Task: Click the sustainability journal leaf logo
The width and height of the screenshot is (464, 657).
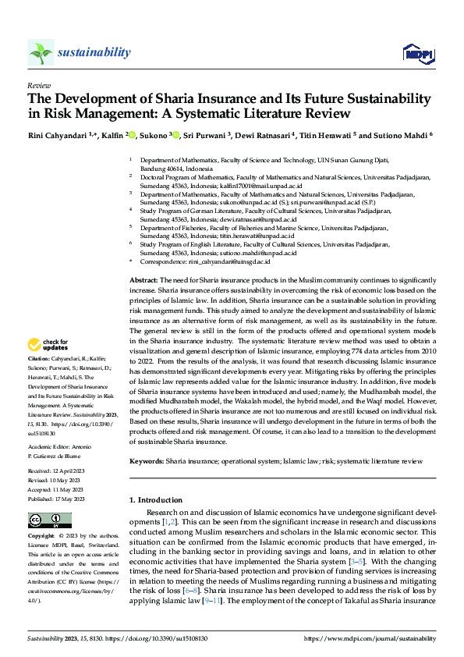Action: coord(41,52)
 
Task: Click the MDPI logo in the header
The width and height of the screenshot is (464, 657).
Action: coord(416,53)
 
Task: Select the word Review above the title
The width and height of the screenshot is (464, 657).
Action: coord(38,86)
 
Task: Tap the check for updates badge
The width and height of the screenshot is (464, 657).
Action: coord(48,345)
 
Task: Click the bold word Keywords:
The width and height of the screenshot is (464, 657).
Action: coord(146,461)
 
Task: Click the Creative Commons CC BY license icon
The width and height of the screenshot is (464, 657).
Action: coord(49,520)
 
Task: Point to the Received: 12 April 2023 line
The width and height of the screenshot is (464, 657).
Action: coord(57,472)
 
